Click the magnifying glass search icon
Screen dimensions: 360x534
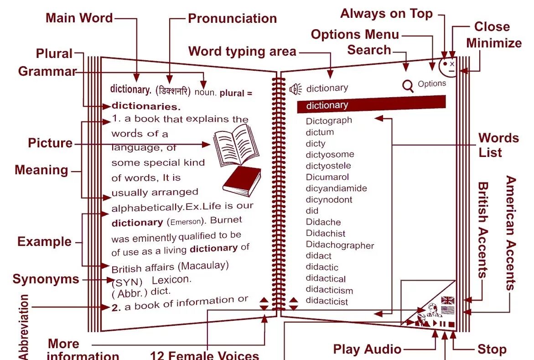pyautogui.click(x=408, y=85)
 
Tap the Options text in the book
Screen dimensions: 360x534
pyautogui.click(x=431, y=83)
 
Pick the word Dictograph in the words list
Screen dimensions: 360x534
pyautogui.click(x=329, y=120)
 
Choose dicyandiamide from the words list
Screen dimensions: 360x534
pyautogui.click(x=336, y=188)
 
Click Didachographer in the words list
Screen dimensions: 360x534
pyautogui.click(x=340, y=245)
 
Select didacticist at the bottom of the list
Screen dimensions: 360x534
pyautogui.click(x=327, y=301)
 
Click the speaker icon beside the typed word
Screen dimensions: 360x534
pyautogui.click(x=296, y=89)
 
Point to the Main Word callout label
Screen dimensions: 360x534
pyautogui.click(x=79, y=18)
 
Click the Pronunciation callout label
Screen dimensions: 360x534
pyautogui.click(x=232, y=18)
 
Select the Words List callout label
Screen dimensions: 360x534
pyautogui.click(x=498, y=145)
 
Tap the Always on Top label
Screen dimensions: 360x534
pyautogui.click(x=386, y=14)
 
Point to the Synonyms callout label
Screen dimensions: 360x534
pyautogui.click(x=46, y=279)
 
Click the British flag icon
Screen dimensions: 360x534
pyautogui.click(x=448, y=300)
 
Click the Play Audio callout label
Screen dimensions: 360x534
pyautogui.click(x=367, y=350)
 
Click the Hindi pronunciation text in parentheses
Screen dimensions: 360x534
pyautogui.click(x=173, y=91)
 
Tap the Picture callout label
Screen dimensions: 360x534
pyautogui.click(x=50, y=143)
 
